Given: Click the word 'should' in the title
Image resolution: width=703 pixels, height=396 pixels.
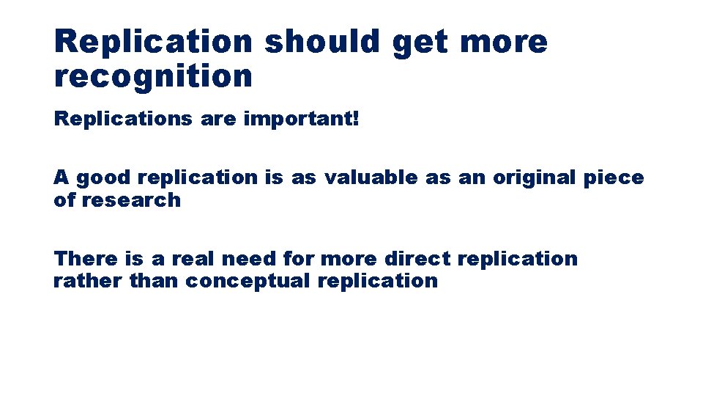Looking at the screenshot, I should [x=323, y=42].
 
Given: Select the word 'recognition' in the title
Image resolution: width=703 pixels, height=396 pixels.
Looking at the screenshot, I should [x=153, y=76].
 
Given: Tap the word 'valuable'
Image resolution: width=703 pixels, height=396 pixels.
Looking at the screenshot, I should [x=371, y=177].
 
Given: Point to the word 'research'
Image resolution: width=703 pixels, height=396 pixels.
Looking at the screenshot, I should [x=130, y=199].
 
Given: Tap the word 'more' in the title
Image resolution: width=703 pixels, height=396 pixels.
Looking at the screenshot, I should [x=504, y=42].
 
